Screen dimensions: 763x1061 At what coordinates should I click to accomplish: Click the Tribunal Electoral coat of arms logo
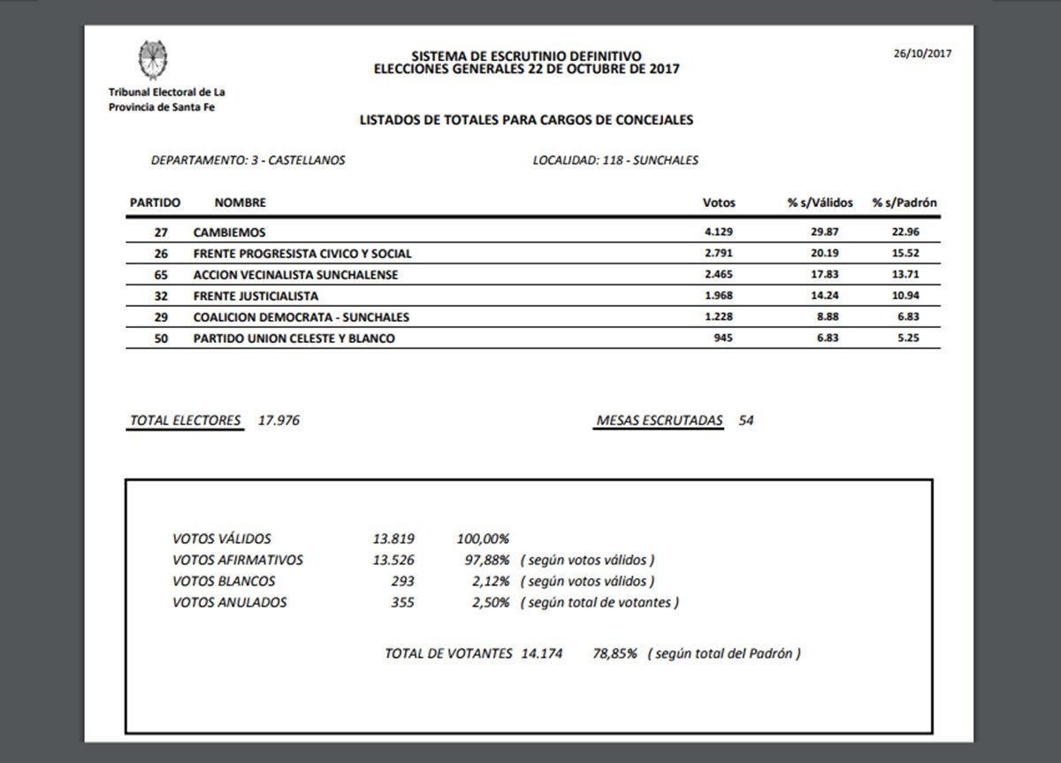tap(153, 60)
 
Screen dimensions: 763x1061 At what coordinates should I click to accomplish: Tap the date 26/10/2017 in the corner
tap(922, 52)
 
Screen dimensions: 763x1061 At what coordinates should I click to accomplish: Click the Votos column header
tap(718, 202)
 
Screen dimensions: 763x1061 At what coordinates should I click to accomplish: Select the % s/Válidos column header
tap(820, 202)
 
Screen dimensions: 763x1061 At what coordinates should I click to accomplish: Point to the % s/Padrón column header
tap(904, 202)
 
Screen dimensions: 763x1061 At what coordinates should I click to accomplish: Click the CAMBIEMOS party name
tap(229, 233)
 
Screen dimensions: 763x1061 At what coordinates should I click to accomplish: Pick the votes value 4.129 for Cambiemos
tap(718, 233)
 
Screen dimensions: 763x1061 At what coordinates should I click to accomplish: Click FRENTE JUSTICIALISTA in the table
tap(256, 296)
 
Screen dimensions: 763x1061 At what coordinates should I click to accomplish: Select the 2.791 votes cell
tap(718, 254)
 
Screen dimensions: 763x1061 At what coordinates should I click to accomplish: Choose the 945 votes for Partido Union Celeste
tap(724, 339)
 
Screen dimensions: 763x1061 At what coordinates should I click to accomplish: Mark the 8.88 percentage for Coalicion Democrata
tap(826, 317)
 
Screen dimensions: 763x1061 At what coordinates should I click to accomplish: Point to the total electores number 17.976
tap(279, 421)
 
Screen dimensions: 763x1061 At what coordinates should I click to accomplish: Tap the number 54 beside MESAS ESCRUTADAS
tap(746, 421)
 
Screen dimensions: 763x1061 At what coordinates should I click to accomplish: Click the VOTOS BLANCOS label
tap(224, 582)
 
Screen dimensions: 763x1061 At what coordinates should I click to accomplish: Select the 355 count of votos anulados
tap(402, 603)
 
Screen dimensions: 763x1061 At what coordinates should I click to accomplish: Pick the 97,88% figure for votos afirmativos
tap(484, 561)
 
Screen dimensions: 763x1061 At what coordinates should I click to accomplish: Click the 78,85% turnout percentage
tap(614, 654)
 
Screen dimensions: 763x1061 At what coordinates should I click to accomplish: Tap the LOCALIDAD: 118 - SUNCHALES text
tap(615, 161)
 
